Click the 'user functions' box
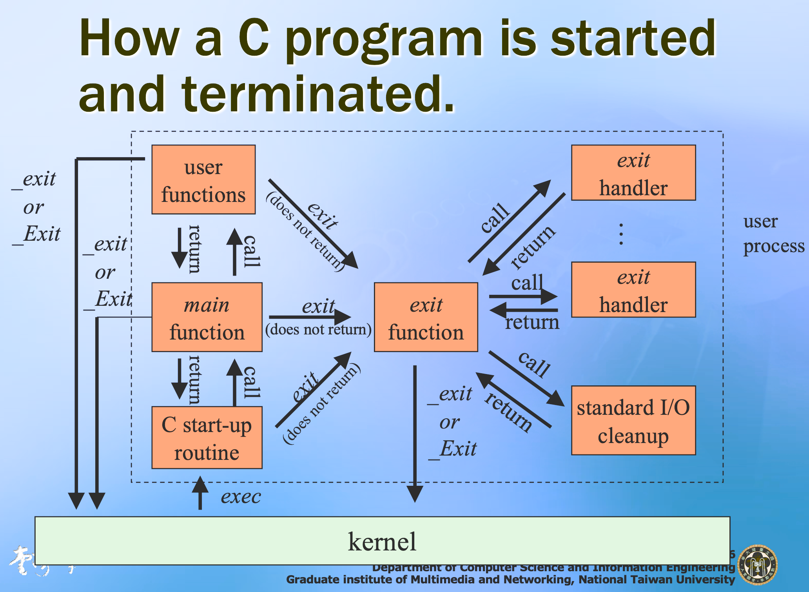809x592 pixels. coord(203,180)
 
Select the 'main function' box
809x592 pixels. coord(207,317)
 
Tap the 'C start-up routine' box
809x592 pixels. coord(207,438)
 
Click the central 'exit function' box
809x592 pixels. coord(426,317)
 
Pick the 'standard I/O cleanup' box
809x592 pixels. coord(633,420)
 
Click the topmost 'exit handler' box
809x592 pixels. coord(633,173)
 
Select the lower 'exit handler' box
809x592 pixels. coord(633,290)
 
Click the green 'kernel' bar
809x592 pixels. coord(382,541)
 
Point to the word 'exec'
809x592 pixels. coord(241,497)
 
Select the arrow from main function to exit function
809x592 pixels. coord(310,317)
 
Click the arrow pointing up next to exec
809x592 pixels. coord(200,492)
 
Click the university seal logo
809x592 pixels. coord(758,565)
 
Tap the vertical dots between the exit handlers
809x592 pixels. coord(621,234)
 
